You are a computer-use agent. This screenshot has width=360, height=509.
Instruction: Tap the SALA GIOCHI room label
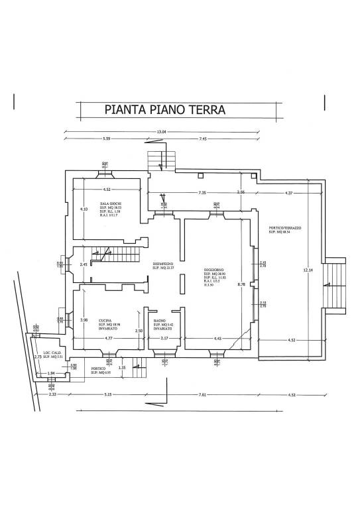click(110, 203)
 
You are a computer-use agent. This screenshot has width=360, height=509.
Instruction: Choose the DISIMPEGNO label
click(162, 264)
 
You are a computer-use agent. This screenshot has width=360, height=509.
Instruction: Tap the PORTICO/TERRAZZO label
click(284, 228)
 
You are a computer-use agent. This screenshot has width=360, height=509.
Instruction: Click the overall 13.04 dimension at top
click(161, 131)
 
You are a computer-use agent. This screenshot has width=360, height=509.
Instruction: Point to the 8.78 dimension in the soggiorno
click(243, 284)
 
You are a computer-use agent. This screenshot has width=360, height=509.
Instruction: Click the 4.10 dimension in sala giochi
click(84, 209)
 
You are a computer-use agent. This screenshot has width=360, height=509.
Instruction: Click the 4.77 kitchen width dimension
click(108, 339)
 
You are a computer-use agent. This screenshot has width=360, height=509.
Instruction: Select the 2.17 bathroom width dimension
click(165, 339)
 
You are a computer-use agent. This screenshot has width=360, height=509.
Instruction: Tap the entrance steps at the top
click(162, 159)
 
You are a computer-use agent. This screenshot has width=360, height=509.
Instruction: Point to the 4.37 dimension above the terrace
click(288, 193)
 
